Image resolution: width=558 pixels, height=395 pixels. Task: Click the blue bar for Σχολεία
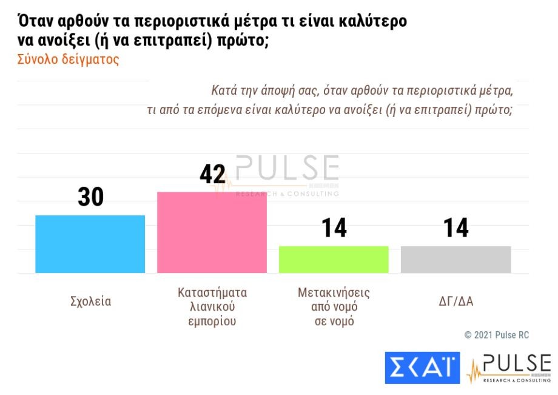click(x=90, y=244)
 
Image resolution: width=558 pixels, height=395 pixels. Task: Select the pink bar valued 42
click(x=212, y=232)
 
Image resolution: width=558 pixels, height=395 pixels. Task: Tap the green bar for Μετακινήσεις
click(x=334, y=259)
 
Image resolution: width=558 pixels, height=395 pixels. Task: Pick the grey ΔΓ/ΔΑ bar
click(x=455, y=259)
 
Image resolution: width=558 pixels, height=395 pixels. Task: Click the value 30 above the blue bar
click(x=90, y=197)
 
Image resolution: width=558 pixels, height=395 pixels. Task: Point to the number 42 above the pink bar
click(x=212, y=174)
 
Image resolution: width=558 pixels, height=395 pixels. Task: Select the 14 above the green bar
click(x=334, y=228)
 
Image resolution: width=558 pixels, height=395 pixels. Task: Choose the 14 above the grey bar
click(x=455, y=228)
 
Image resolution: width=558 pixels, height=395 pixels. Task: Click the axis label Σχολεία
click(x=90, y=302)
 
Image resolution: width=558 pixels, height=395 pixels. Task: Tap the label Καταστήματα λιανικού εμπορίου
click(x=212, y=307)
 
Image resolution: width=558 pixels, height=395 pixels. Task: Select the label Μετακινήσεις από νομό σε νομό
click(x=334, y=307)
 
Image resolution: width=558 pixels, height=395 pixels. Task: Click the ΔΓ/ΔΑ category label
click(x=455, y=302)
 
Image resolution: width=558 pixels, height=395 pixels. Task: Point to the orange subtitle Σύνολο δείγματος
click(x=68, y=60)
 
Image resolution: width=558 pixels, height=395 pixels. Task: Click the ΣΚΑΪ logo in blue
click(x=422, y=368)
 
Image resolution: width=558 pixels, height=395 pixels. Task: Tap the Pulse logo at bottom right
click(x=509, y=368)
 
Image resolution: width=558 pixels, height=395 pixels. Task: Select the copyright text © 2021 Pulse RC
click(x=497, y=335)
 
